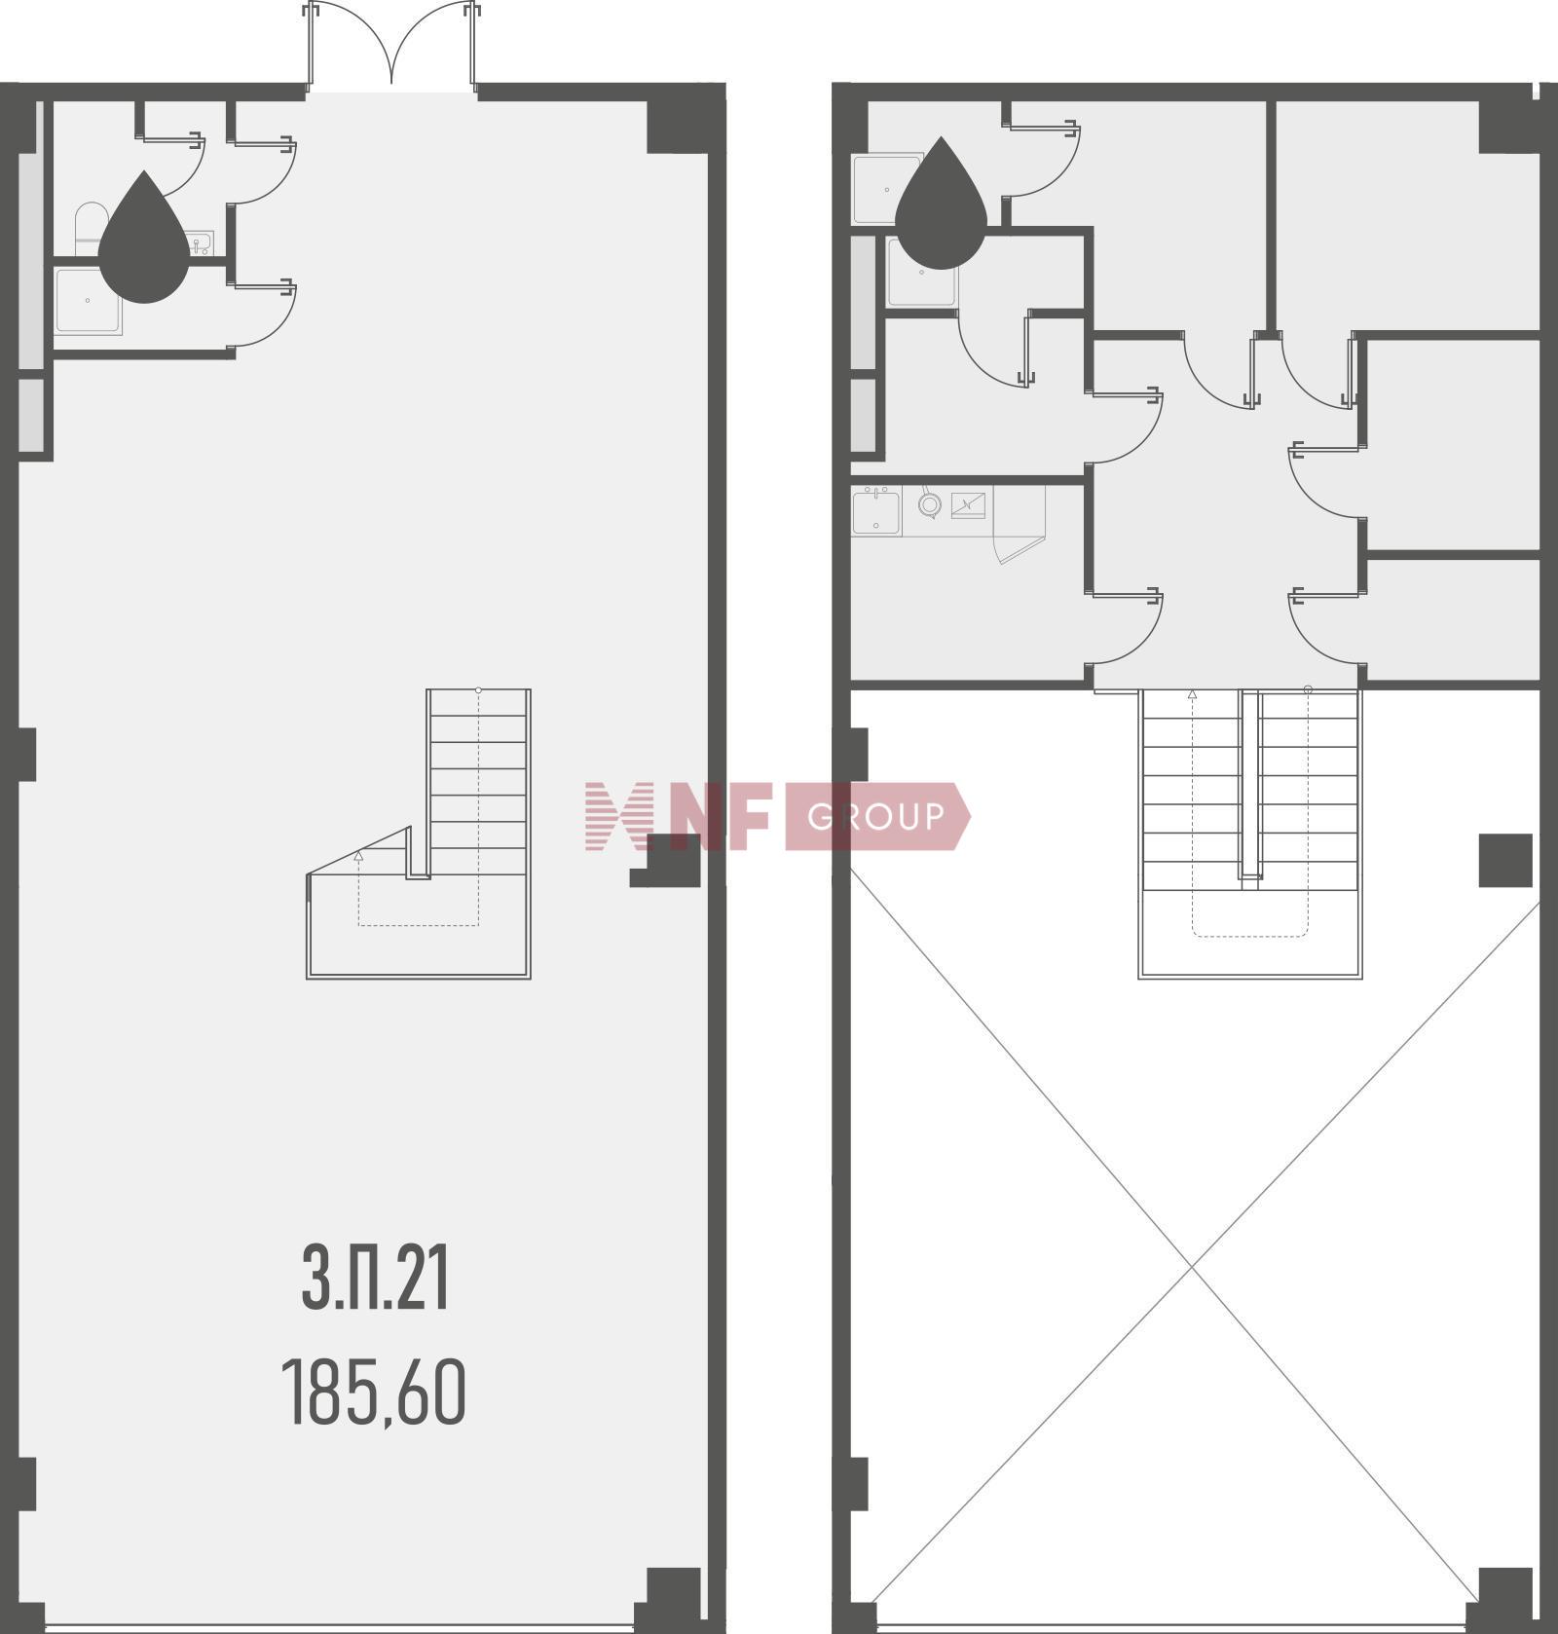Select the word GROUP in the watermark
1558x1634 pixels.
tap(875, 816)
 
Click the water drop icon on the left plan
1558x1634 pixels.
tap(144, 238)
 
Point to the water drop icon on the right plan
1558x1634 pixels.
tap(941, 204)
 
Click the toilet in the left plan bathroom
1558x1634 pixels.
tap(90, 228)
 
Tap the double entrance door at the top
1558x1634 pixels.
tap(391, 45)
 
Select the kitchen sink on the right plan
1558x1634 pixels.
tap(876, 511)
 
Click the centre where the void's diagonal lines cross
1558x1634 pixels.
tap(1193, 1266)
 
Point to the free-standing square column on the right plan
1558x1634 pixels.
tap(1505, 861)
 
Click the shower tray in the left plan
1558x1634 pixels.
tap(89, 302)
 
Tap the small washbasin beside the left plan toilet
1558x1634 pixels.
tap(201, 242)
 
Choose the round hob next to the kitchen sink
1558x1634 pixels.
tap(930, 504)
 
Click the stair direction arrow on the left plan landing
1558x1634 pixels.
tap(358, 856)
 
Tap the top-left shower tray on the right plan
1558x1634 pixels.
tap(888, 189)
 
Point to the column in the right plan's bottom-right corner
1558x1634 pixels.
tap(1505, 1599)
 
